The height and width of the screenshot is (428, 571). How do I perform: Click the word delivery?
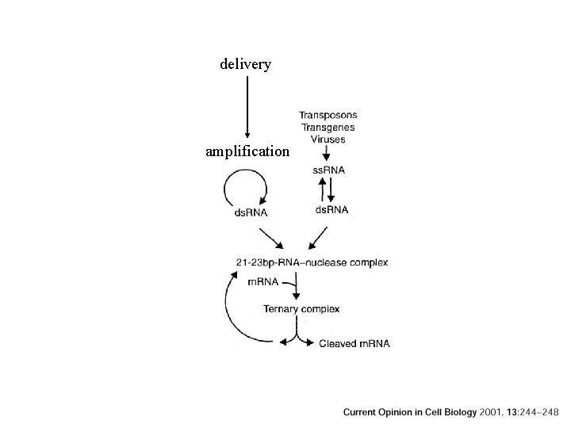pyautogui.click(x=246, y=63)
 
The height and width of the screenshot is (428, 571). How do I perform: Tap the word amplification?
pyautogui.click(x=247, y=151)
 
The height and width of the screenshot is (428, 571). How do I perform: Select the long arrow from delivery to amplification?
pyautogui.click(x=247, y=107)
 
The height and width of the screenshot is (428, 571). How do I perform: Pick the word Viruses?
pyautogui.click(x=328, y=139)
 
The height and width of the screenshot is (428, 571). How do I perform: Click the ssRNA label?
pyautogui.click(x=329, y=170)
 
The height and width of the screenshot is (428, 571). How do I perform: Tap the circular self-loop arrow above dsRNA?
pyautogui.click(x=246, y=190)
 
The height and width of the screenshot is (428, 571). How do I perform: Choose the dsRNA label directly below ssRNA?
pyautogui.click(x=331, y=209)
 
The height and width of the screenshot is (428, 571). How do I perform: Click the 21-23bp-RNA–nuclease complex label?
pyautogui.click(x=312, y=262)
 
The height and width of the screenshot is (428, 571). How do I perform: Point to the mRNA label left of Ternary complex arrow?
pyautogui.click(x=263, y=282)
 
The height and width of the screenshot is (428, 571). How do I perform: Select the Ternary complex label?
pyautogui.click(x=302, y=309)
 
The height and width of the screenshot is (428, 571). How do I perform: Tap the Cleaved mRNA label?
pyautogui.click(x=354, y=344)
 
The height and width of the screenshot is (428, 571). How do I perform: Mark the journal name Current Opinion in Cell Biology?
pyautogui.click(x=410, y=412)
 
